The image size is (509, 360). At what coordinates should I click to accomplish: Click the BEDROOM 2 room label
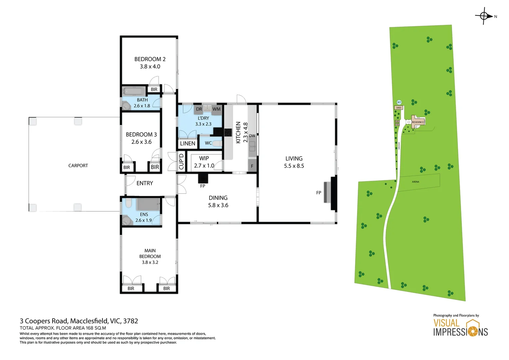tap(150, 59)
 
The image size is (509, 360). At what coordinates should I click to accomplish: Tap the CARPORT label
tap(78, 166)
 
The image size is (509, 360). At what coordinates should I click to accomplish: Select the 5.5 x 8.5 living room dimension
tap(294, 166)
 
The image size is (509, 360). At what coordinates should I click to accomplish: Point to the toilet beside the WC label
tap(217, 143)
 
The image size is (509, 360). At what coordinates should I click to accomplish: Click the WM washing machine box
tap(217, 109)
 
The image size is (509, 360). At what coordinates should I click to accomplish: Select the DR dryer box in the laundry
tap(199, 109)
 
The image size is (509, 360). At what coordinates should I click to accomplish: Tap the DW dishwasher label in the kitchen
tap(252, 136)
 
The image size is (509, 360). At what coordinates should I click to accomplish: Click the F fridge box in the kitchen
tap(252, 166)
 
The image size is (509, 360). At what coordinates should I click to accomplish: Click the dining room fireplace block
tap(203, 179)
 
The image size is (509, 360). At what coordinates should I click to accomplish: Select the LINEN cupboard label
tap(188, 143)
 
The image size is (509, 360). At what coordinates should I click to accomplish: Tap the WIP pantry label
tap(204, 158)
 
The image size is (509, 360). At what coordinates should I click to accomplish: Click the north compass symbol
tap(484, 16)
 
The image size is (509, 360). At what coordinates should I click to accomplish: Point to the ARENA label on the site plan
tap(415, 182)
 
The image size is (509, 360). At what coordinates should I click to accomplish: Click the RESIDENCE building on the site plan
tap(418, 122)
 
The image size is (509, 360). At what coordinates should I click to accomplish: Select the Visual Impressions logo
tap(460, 328)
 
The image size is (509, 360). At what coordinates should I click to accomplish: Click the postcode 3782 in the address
tap(131, 321)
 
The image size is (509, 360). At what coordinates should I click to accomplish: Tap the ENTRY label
tap(145, 183)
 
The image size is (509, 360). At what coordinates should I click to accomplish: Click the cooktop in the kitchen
tap(228, 132)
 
